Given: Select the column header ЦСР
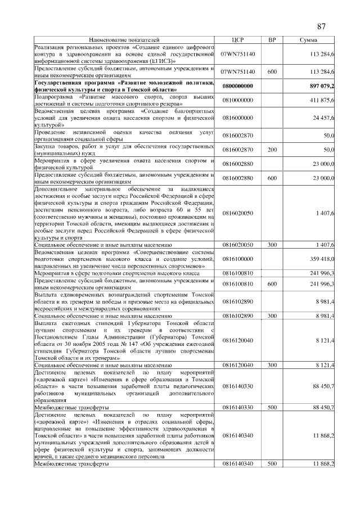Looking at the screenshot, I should (x=237, y=40).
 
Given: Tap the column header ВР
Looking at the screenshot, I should (x=272, y=40).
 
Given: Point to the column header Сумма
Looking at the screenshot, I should (x=308, y=40).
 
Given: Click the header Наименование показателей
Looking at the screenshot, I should (x=124, y=40).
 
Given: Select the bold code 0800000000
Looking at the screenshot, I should (x=237, y=85).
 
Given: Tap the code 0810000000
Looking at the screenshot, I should (x=237, y=100).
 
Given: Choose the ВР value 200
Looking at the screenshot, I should (x=272, y=150).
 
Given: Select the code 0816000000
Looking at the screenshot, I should (x=237, y=118).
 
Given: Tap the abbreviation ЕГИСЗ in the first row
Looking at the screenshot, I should (x=161, y=61).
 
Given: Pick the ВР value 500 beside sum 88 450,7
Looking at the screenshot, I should (x=272, y=407).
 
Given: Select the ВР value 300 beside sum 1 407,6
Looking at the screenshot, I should (x=272, y=245).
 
